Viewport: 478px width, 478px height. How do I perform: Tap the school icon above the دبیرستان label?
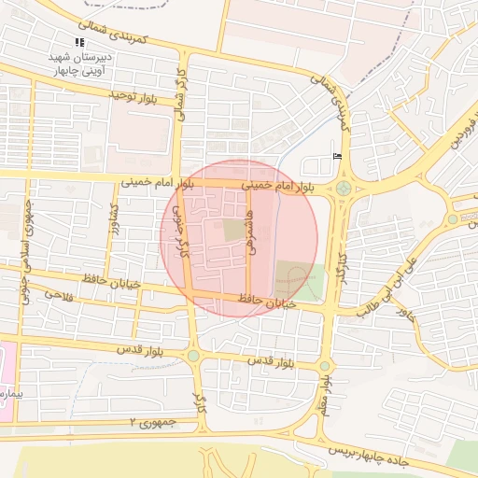[79, 42]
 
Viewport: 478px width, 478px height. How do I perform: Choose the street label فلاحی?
[58, 296]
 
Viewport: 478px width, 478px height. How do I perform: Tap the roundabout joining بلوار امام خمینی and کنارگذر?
[344, 189]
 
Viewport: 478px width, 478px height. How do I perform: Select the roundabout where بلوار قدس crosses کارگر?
[193, 356]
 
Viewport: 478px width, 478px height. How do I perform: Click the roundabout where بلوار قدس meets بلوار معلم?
[324, 366]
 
